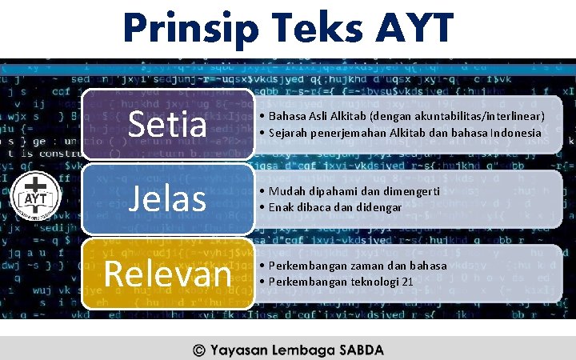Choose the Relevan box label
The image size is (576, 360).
coord(169,273)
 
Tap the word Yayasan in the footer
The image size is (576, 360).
coord(237,350)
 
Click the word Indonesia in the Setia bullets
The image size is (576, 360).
coord(515,132)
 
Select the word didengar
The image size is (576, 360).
coord(378,207)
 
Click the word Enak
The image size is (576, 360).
coord(282,207)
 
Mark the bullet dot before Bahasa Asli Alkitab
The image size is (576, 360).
coord(263,117)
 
